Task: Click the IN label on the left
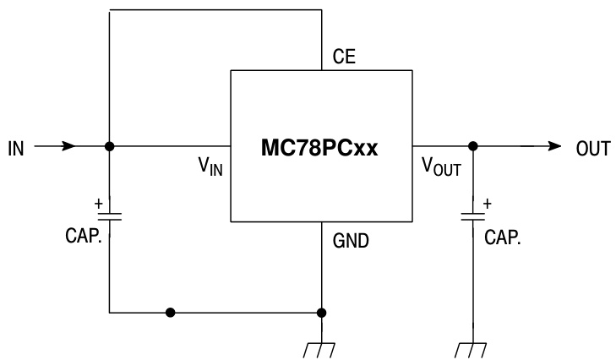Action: coord(16,148)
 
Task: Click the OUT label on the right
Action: coord(592,148)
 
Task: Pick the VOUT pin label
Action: coord(441,166)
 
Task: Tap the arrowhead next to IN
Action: coord(68,146)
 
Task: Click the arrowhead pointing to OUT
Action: coord(553,146)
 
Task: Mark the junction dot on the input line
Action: coord(109,146)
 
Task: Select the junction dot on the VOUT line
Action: coord(473,146)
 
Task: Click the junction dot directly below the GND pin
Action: coord(321,312)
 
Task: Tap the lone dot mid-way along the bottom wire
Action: coord(171,312)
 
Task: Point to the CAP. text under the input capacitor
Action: coord(83,236)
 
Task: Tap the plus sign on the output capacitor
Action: coord(488,203)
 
